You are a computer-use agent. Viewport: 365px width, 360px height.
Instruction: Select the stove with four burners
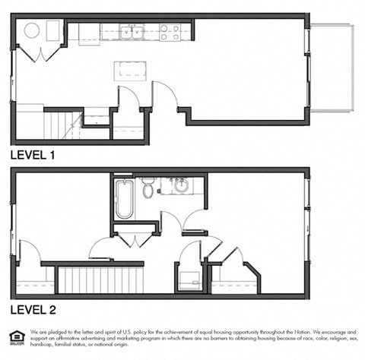[x=170, y=32]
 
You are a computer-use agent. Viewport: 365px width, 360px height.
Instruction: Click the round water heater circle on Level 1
[x=33, y=31]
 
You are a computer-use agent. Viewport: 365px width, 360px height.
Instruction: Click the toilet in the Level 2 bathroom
[x=148, y=188]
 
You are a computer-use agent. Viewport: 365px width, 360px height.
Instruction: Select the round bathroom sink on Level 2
[x=182, y=186]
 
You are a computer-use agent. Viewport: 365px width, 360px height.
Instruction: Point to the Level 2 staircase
[x=102, y=279]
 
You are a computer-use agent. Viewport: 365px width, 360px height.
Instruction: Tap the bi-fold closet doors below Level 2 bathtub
[x=136, y=241]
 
